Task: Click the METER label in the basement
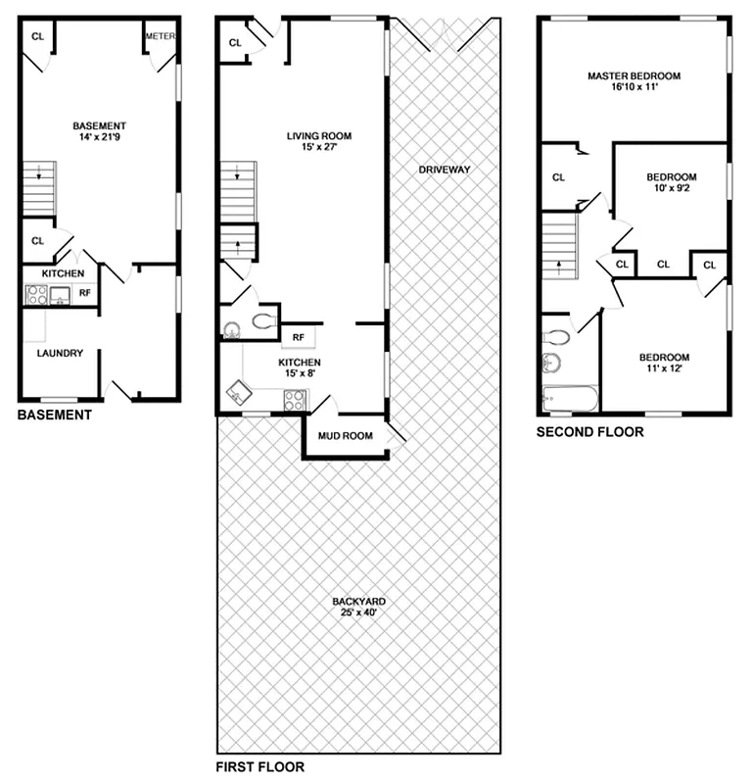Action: (160, 36)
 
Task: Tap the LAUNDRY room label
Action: (60, 353)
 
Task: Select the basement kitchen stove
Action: (36, 293)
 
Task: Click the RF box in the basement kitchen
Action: (85, 291)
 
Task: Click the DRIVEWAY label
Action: (445, 170)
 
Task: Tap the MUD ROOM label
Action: (345, 436)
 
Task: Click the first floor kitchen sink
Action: (238, 395)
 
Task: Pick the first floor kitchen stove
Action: (294, 399)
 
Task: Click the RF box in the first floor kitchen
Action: (298, 338)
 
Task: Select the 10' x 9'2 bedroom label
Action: (671, 182)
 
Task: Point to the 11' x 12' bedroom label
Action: (664, 363)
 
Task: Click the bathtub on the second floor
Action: (569, 400)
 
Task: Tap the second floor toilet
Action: (556, 337)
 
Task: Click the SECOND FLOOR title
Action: (589, 431)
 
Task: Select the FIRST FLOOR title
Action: (259, 767)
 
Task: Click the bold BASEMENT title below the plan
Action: (55, 416)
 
